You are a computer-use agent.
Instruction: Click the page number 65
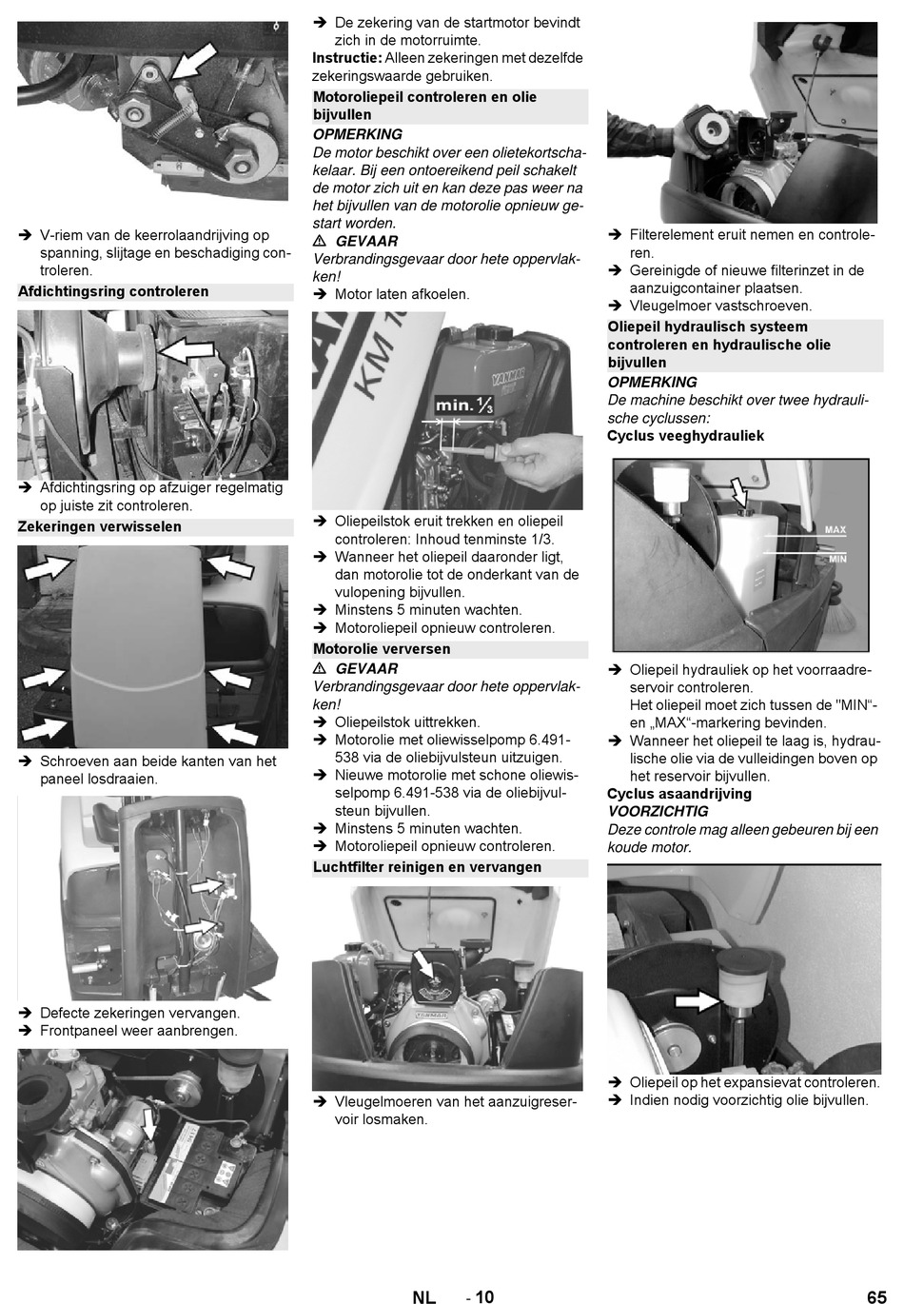click(876, 1296)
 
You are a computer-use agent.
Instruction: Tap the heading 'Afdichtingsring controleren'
click(113, 291)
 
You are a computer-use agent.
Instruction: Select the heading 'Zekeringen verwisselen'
click(100, 527)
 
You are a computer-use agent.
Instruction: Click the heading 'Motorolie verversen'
click(382, 649)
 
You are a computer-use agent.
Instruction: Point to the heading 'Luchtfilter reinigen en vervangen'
click(427, 867)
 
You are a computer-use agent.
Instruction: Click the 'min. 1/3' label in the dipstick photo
click(464, 405)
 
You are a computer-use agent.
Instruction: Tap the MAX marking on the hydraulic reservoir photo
click(835, 530)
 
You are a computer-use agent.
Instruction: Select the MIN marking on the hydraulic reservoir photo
click(837, 559)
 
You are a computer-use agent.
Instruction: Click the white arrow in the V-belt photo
click(194, 61)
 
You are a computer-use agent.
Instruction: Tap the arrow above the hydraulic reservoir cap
click(739, 492)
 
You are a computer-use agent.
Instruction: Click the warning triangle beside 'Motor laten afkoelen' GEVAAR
click(319, 241)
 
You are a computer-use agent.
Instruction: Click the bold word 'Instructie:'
click(347, 58)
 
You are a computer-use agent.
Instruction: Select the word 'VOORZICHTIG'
click(658, 812)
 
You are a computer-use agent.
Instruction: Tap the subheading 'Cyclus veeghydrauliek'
click(685, 436)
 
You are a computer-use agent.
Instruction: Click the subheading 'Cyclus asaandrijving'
click(679, 794)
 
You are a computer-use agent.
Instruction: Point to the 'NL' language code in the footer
click(423, 1296)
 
